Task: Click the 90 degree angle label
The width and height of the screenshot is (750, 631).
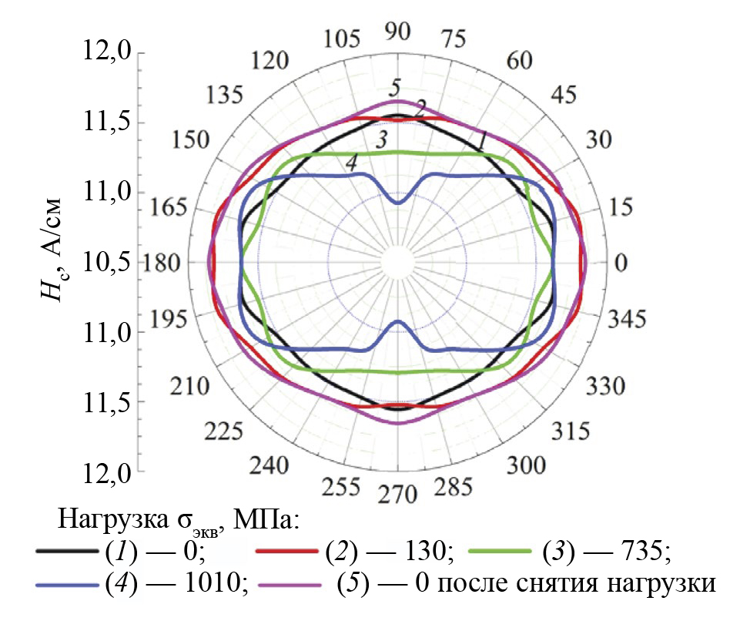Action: pyautogui.click(x=398, y=32)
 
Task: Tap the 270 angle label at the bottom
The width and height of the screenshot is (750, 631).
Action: pyautogui.click(x=399, y=492)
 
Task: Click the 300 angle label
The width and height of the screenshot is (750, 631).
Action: pyautogui.click(x=527, y=465)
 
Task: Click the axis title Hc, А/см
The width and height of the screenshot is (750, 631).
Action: pyautogui.click(x=53, y=251)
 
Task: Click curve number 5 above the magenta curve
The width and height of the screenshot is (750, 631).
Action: pyautogui.click(x=396, y=86)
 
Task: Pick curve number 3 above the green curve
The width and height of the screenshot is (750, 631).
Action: pyautogui.click(x=380, y=140)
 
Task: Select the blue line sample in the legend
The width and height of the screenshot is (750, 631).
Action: pyautogui.click(x=65, y=585)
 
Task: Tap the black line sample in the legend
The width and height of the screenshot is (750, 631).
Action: pyautogui.click(x=65, y=552)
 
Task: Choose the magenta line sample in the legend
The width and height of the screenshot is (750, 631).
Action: pyautogui.click(x=288, y=585)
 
